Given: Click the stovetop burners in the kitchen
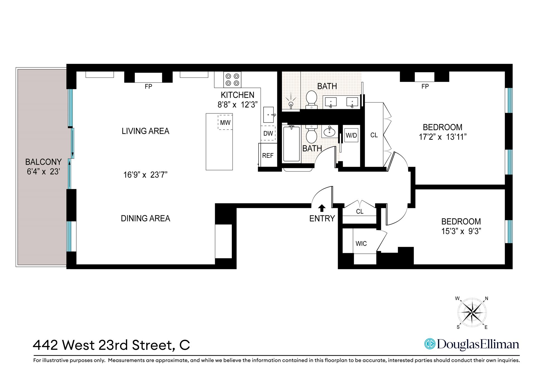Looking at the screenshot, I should pyautogui.click(x=232, y=79).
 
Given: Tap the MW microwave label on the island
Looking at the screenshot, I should pyautogui.click(x=225, y=123).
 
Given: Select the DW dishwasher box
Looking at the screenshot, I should pyautogui.click(x=268, y=133).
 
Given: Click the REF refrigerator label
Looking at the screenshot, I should pyautogui.click(x=268, y=156).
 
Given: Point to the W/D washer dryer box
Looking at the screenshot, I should pyautogui.click(x=351, y=135).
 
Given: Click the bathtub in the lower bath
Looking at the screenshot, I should pyautogui.click(x=291, y=144).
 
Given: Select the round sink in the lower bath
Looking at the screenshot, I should pyautogui.click(x=330, y=131).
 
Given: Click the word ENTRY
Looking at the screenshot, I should pyautogui.click(x=322, y=219).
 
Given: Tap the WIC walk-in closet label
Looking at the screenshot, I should pyautogui.click(x=361, y=244).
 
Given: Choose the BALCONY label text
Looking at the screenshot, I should pyautogui.click(x=43, y=162).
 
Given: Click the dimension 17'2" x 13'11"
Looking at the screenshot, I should pyautogui.click(x=442, y=137).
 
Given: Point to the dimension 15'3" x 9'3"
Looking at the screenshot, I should pyautogui.click(x=461, y=231).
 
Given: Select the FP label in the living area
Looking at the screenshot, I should pyautogui.click(x=148, y=87).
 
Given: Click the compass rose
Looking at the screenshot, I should pyautogui.click(x=472, y=313).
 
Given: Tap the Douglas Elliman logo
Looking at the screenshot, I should pyautogui.click(x=471, y=344).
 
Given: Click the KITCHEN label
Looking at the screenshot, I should pyautogui.click(x=237, y=95).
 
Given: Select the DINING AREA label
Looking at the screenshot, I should pyautogui.click(x=145, y=218).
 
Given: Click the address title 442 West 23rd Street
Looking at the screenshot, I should pyautogui.click(x=111, y=345).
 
